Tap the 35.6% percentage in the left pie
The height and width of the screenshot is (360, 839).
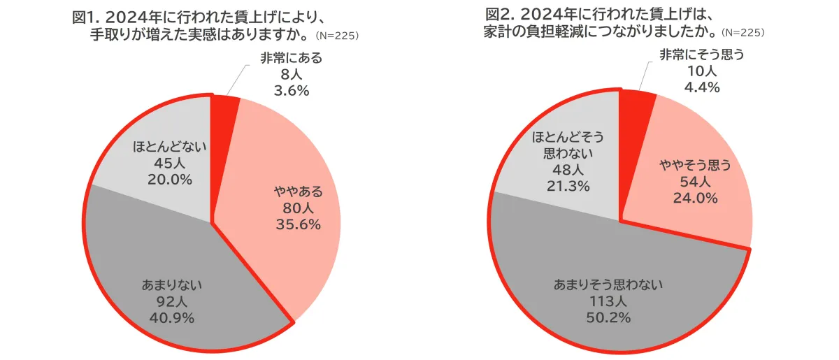point(297,224)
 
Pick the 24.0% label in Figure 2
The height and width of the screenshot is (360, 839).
point(695,198)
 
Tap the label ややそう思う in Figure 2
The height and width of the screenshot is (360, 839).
point(695,166)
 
